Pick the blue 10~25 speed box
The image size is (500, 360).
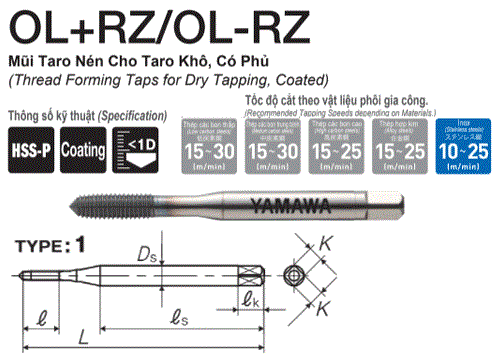[x=463, y=145]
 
